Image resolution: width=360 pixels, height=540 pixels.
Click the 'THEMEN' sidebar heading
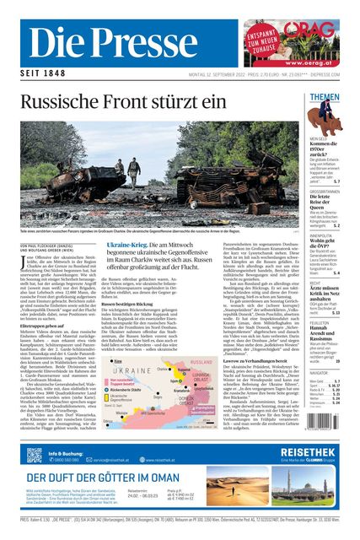click(325, 97)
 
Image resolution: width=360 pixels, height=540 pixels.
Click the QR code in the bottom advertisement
click(34, 456)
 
